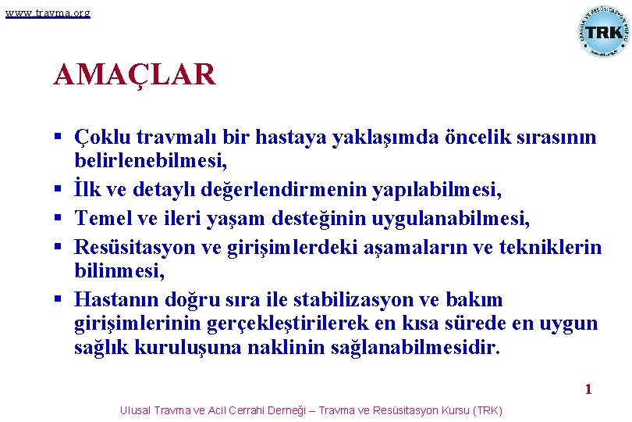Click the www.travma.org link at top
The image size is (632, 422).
pos(48,13)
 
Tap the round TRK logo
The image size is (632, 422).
pos(604,32)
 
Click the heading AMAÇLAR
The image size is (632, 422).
pos(134,75)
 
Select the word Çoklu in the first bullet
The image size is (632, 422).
pos(102,138)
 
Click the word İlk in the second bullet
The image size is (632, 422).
pos(87,189)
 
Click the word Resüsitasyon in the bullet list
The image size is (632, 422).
pos(139,249)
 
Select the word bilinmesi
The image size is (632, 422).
pos(119,270)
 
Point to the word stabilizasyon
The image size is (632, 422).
pos(367,300)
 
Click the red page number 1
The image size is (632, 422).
pos(589,389)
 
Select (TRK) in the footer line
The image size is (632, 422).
pos(487,410)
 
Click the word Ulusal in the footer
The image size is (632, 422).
pos(135,410)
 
